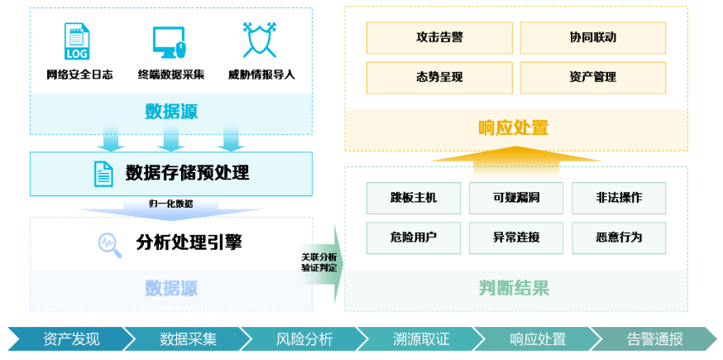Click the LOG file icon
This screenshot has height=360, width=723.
click(x=77, y=41)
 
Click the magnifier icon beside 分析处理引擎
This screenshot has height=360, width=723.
click(x=108, y=242)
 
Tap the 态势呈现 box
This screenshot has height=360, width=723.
click(x=438, y=77)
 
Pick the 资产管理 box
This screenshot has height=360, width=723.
click(x=592, y=77)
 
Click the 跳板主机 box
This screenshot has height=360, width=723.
click(x=413, y=199)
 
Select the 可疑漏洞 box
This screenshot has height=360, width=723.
click(x=516, y=199)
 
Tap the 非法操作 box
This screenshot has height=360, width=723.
click(x=618, y=199)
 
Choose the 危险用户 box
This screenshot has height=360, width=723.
click(x=413, y=238)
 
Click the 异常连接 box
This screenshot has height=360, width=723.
click(x=516, y=238)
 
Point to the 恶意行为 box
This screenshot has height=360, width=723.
click(x=618, y=238)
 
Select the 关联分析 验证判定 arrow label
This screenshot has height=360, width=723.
click(x=319, y=262)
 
